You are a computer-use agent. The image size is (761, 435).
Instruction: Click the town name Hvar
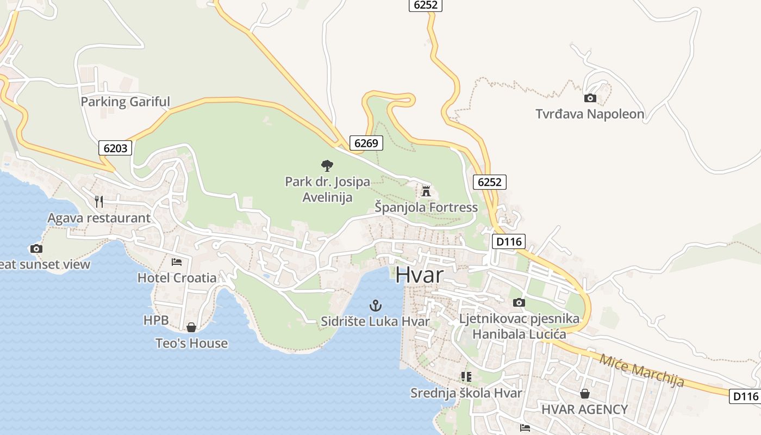tap(419, 275)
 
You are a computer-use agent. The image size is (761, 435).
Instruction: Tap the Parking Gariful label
tap(125, 102)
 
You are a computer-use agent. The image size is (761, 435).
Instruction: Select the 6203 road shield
tap(115, 147)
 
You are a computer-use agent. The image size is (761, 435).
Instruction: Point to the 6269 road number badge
tap(366, 143)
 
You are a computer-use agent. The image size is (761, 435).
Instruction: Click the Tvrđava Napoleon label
tap(590, 114)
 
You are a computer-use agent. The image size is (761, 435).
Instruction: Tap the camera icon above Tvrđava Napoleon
tap(590, 98)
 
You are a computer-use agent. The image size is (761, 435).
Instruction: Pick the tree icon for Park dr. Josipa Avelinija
tap(327, 165)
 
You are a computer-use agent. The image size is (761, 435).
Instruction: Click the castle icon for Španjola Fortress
tap(426, 191)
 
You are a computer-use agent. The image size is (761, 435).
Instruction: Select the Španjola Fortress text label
tap(426, 207)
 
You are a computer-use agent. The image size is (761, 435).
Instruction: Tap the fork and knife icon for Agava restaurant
tap(98, 202)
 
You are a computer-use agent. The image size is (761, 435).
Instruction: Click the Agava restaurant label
tap(99, 218)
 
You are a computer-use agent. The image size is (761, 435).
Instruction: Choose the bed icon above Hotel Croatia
tap(177, 262)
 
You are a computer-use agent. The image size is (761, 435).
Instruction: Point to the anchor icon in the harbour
tap(375, 305)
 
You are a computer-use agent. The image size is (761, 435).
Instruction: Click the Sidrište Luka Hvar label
tap(375, 321)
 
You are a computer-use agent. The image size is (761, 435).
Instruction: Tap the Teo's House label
tap(191, 344)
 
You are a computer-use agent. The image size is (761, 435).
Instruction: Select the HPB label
tap(156, 320)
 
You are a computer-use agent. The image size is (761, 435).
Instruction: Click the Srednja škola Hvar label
tap(466, 393)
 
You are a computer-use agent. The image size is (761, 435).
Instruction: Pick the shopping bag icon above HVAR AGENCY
tap(585, 393)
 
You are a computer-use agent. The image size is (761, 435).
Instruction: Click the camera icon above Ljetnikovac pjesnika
tap(519, 302)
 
